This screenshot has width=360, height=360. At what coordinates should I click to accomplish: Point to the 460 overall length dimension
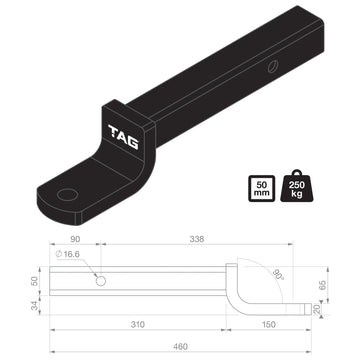click(180, 346)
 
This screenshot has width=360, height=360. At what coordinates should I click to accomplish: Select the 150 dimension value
click(270, 325)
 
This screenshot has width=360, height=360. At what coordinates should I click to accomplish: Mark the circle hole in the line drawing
click(100, 281)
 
